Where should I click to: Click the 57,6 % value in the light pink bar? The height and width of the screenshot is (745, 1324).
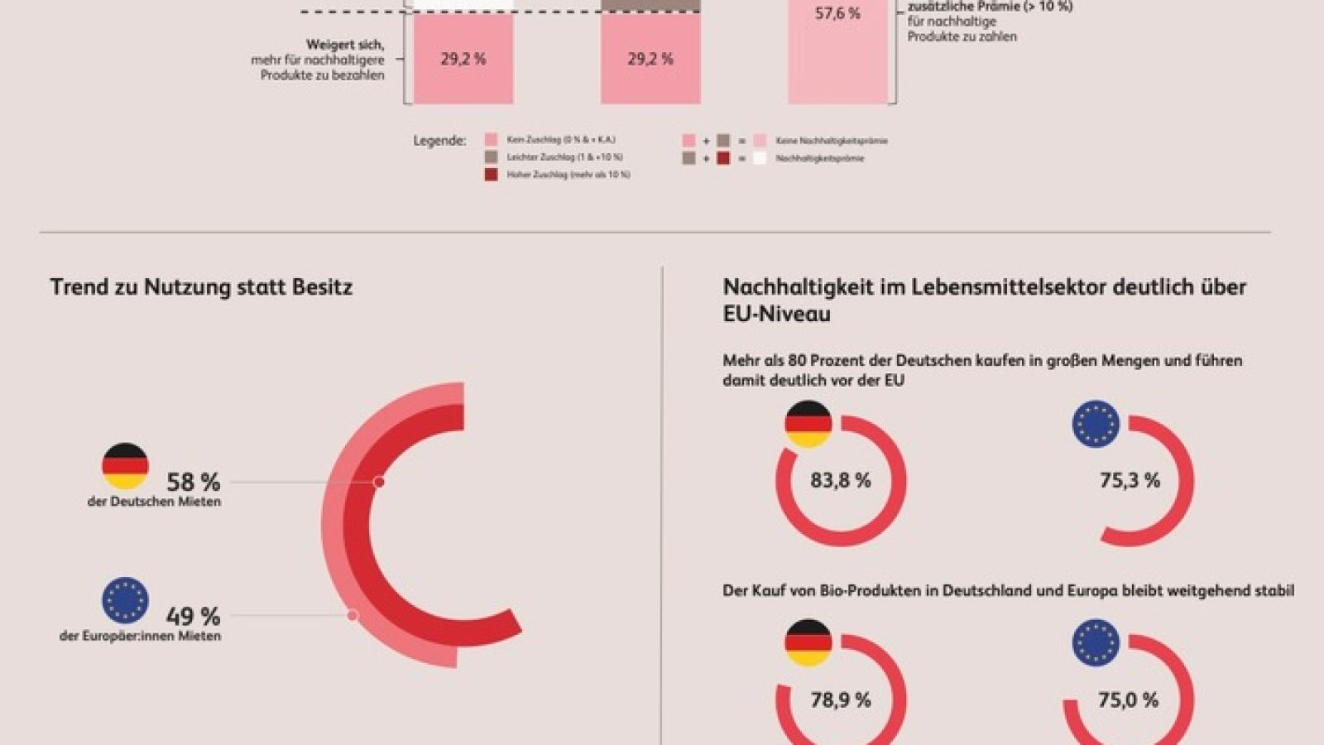[837, 13]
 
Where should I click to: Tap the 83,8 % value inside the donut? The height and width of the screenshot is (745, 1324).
[840, 480]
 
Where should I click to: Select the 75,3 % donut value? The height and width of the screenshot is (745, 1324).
[1130, 480]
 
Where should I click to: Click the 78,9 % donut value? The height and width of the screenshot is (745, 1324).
[840, 700]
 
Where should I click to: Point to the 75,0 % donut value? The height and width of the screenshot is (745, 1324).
[1128, 700]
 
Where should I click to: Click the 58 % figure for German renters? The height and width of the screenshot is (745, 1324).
[193, 482]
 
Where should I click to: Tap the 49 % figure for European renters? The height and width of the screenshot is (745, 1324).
[193, 616]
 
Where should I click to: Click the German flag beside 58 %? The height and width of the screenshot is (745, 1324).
[125, 466]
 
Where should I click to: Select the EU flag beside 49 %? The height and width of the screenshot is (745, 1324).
[125, 600]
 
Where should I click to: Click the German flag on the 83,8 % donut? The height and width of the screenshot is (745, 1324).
[808, 424]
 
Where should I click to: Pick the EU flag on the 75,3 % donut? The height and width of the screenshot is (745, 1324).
[1096, 424]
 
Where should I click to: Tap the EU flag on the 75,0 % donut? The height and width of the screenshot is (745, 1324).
[1096, 642]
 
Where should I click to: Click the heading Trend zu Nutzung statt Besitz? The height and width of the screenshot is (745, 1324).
[201, 287]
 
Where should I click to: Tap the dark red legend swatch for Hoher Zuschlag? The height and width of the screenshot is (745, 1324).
[491, 175]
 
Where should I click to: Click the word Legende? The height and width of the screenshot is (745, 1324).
[439, 141]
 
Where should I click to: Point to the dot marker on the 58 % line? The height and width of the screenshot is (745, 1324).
[379, 482]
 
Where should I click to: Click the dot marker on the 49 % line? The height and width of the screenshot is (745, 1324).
[353, 615]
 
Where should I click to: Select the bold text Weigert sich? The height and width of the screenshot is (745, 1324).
[345, 45]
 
